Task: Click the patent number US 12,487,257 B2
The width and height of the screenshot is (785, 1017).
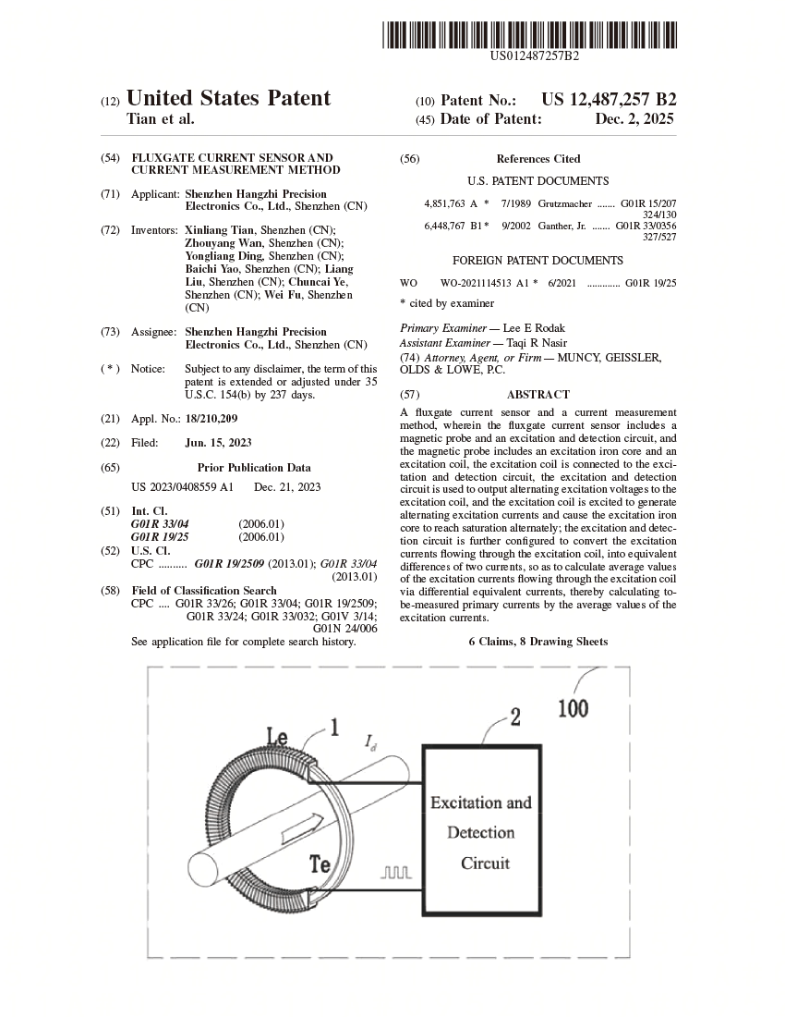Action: click(x=609, y=100)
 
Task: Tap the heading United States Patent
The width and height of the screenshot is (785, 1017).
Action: click(x=228, y=99)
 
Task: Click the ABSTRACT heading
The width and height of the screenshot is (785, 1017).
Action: click(x=537, y=395)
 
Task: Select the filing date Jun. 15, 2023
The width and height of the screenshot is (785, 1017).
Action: click(x=218, y=443)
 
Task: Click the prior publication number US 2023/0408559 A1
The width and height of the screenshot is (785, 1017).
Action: click(x=183, y=487)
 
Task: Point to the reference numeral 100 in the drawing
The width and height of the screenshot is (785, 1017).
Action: click(x=573, y=709)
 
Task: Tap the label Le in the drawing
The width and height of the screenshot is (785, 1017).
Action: click(x=277, y=737)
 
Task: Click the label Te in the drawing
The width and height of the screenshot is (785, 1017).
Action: click(x=320, y=864)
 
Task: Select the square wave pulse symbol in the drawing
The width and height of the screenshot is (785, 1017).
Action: click(x=396, y=872)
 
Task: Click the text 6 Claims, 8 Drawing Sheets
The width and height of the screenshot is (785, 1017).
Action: click(x=537, y=642)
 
